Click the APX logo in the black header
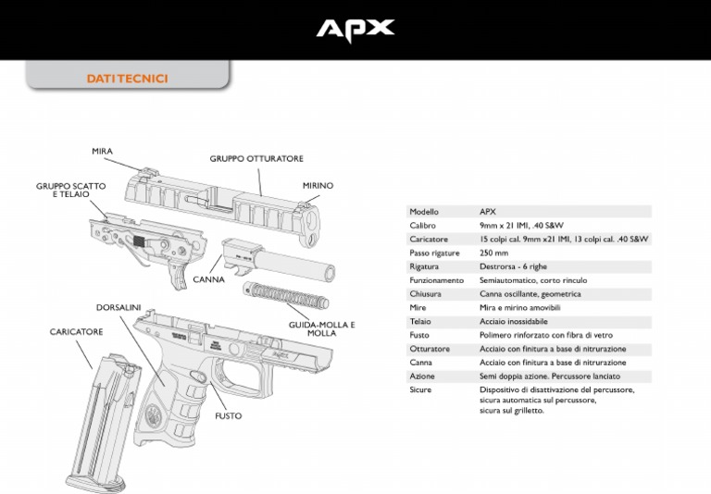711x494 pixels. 355,31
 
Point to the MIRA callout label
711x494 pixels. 102,152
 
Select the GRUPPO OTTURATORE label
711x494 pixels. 256,158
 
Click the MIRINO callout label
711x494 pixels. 318,185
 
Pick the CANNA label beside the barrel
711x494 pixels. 208,279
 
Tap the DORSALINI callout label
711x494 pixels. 118,307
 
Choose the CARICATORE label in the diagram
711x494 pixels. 76,332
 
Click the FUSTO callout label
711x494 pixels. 229,415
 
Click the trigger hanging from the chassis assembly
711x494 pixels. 177,275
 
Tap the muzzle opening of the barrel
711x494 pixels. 329,273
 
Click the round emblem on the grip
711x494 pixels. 154,414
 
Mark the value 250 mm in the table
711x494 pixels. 493,253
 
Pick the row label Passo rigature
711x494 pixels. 434,253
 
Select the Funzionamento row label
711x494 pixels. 437,280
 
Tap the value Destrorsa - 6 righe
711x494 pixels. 513,266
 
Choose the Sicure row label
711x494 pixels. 420,389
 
